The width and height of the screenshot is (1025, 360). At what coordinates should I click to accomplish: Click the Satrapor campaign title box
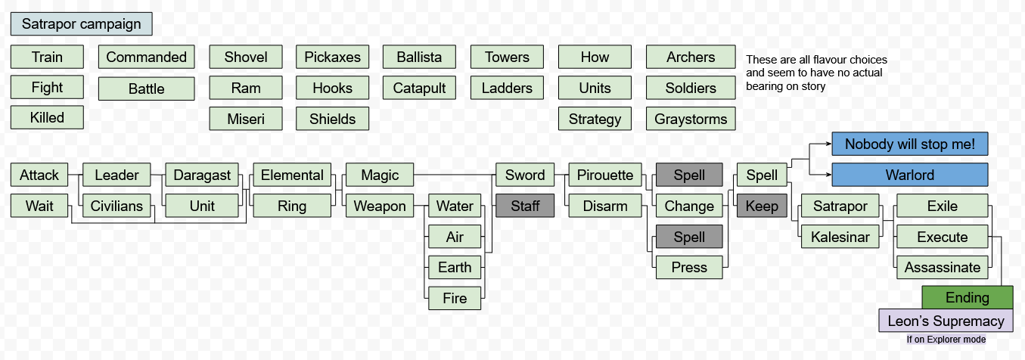[81, 23]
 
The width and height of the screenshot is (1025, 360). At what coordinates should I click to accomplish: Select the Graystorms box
[690, 119]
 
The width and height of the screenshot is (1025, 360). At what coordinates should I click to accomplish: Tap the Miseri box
[245, 119]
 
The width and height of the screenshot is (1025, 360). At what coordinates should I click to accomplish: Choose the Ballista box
[419, 57]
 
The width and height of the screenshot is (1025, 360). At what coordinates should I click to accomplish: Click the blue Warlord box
[909, 175]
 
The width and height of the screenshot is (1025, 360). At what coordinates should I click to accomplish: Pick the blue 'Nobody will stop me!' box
[909, 144]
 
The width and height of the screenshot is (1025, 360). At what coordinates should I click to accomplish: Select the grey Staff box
[524, 206]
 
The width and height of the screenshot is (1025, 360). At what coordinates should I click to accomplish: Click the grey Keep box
[761, 206]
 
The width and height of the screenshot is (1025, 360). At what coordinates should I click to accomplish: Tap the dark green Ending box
[967, 297]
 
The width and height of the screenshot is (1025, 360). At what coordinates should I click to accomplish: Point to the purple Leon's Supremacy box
[946, 321]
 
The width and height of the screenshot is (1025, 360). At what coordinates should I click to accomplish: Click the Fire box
[454, 298]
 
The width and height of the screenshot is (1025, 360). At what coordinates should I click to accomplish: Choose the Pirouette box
[604, 175]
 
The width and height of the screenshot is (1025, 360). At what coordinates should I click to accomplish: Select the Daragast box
[202, 175]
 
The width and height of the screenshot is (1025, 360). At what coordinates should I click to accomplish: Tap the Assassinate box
[942, 267]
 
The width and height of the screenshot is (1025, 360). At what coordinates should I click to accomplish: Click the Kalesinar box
[840, 237]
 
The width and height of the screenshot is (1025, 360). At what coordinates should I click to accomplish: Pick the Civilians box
[116, 206]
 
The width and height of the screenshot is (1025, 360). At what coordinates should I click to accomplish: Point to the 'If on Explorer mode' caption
[946, 340]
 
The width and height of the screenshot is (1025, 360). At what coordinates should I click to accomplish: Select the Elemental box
[291, 175]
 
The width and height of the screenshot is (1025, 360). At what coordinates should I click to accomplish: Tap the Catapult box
[419, 88]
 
